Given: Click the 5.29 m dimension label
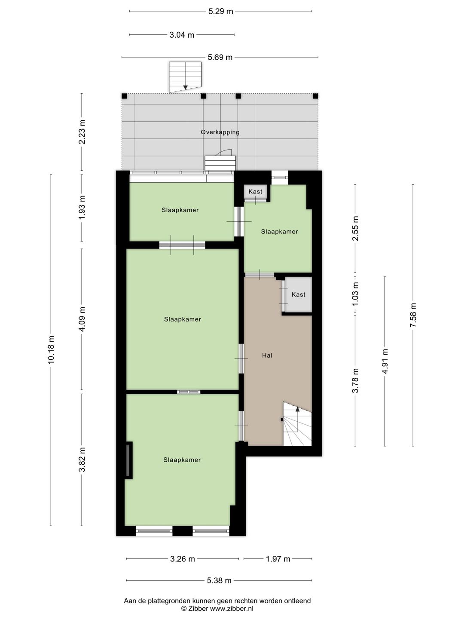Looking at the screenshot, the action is point(220,11).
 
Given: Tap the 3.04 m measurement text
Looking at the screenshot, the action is point(182,35).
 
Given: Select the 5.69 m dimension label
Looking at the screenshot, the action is point(220,58).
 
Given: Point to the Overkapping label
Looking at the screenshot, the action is point(220,132).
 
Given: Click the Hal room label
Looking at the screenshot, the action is point(267,355).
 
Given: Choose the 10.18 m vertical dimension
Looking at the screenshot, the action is point(51,349).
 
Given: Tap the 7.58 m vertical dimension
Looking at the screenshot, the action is point(413,315).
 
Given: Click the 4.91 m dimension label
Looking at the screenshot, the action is point(385,361).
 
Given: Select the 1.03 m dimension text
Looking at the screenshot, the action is point(355,294).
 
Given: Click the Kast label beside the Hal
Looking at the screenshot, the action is point(298,294).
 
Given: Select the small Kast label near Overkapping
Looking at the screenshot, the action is point(255,191).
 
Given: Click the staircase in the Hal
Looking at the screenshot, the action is point(297,424).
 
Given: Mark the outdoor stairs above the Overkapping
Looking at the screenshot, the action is point(185,77).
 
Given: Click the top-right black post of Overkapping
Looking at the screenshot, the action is point(315,96).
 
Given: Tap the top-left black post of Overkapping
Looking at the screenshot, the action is point(124,96).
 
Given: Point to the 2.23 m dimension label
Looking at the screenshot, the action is point(82,132).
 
